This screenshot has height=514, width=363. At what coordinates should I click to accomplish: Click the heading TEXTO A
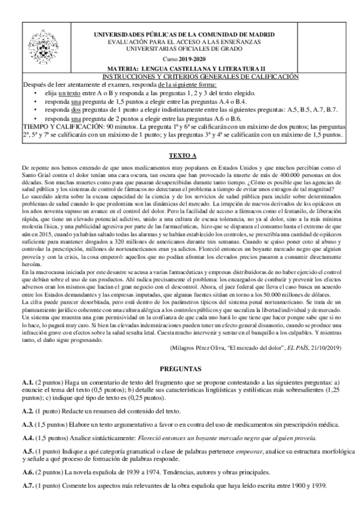tap(181, 156)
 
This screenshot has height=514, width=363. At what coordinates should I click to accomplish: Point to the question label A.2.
tap(27, 410)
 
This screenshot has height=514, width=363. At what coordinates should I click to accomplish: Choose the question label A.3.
tap(27, 424)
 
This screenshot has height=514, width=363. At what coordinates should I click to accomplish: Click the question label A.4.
tap(27, 437)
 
